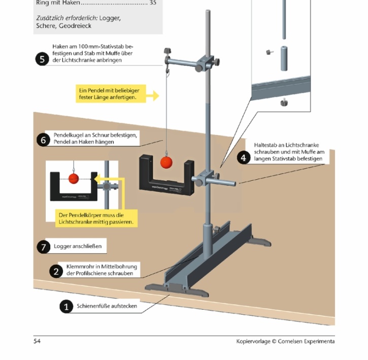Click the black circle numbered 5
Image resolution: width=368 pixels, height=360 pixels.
click(x=42, y=59)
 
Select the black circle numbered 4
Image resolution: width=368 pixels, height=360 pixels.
click(x=244, y=157)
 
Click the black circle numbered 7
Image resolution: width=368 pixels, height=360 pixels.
click(x=44, y=247)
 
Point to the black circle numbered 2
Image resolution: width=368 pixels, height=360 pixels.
click(x=56, y=271)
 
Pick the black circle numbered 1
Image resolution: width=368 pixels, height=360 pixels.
click(x=66, y=307)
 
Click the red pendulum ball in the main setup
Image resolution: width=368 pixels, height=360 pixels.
click(x=166, y=162)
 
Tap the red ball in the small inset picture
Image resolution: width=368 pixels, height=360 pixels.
click(x=74, y=178)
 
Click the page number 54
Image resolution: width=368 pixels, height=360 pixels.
click(x=37, y=341)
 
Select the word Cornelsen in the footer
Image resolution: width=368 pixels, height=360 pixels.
click(x=292, y=341)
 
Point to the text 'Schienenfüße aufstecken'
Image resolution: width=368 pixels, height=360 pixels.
click(x=107, y=306)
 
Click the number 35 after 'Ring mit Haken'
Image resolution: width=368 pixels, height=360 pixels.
click(x=153, y=3)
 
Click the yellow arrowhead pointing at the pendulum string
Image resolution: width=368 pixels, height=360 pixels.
click(x=157, y=95)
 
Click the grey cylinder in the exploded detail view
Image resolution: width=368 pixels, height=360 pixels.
click(x=283, y=58)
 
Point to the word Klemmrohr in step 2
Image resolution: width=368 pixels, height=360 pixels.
click(x=77, y=267)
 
